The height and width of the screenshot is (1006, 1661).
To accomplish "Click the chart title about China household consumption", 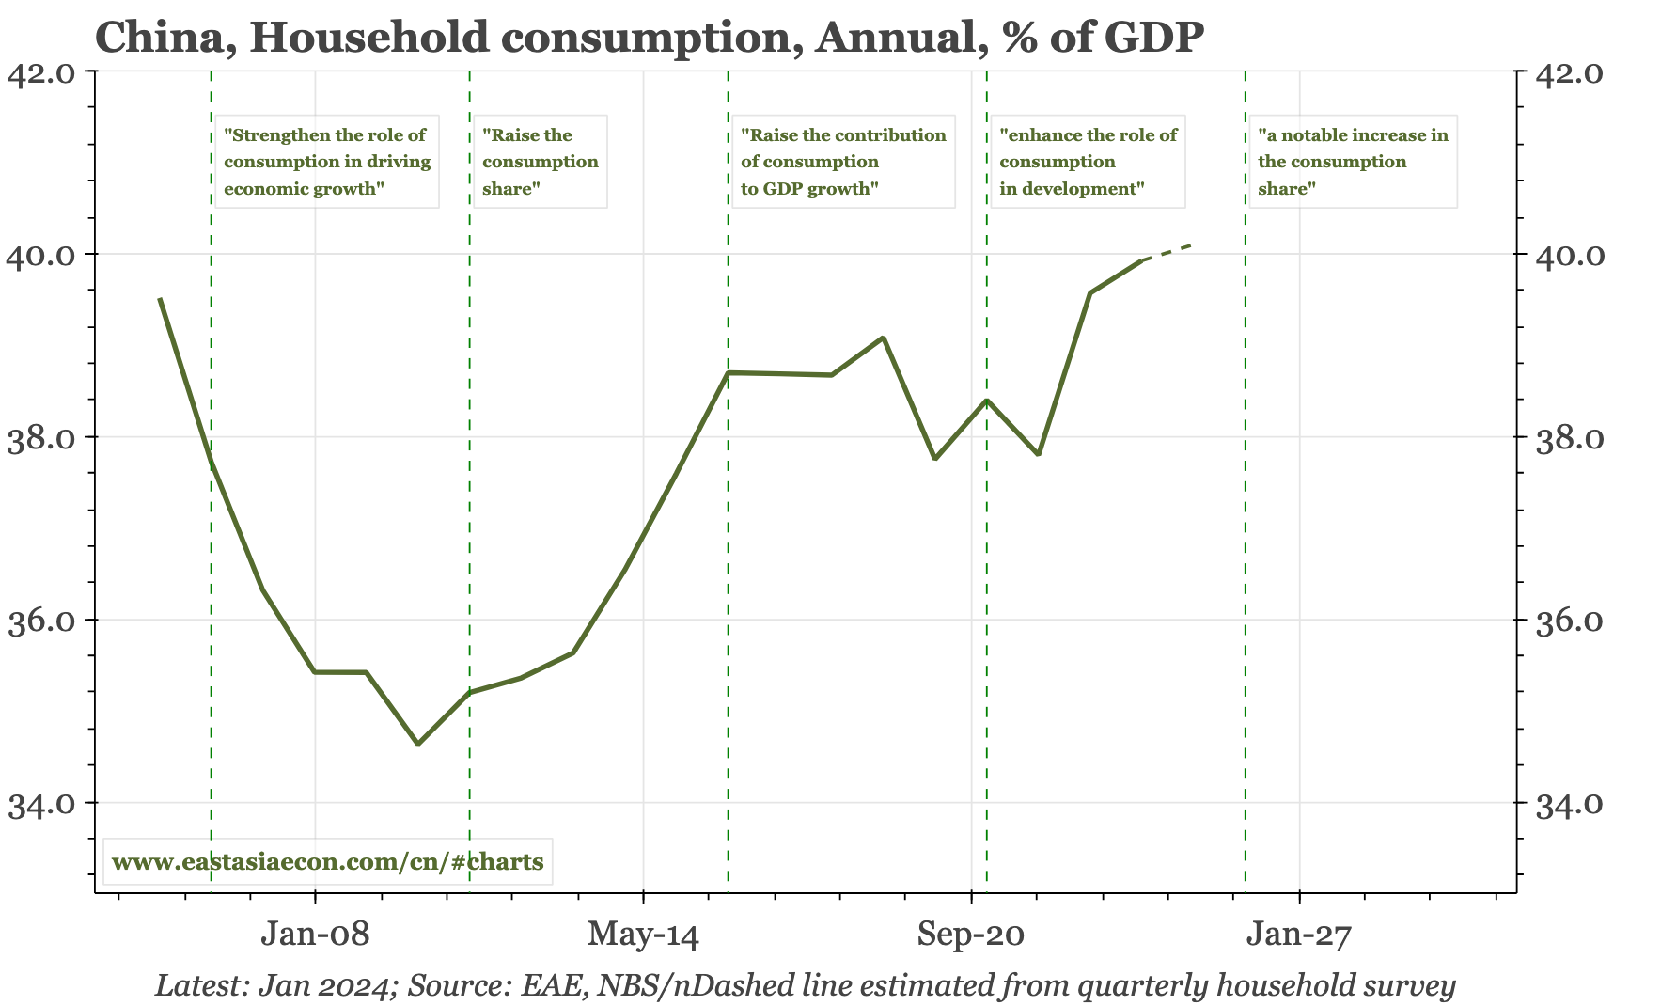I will tap(649, 38).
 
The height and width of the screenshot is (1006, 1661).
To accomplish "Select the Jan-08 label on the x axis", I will tap(315, 935).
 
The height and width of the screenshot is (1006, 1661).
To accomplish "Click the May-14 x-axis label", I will tap(643, 935).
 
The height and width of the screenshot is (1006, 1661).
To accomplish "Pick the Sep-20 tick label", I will tap(971, 935).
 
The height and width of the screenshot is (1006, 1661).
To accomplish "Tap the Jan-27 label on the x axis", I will tap(1298, 935).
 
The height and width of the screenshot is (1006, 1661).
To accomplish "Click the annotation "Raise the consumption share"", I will tap(540, 162).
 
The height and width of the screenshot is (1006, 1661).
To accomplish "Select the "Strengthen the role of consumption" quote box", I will tap(327, 162).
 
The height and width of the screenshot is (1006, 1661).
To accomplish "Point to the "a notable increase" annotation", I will tap(1352, 162).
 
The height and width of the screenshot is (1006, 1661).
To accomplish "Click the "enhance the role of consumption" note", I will tap(1088, 162).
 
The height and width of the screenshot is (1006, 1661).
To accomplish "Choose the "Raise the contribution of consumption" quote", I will tap(842, 162).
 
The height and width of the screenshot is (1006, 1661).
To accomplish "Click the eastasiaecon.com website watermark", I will tap(327, 861).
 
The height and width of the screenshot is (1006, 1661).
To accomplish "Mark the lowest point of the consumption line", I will tap(418, 744).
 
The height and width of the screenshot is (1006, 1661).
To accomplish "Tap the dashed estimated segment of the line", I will tap(1167, 252).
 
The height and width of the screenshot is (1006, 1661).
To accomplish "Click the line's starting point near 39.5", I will tap(160, 299).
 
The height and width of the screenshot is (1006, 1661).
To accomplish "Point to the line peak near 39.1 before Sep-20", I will tap(883, 338).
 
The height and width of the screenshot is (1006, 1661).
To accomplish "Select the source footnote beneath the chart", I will tap(805, 985).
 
